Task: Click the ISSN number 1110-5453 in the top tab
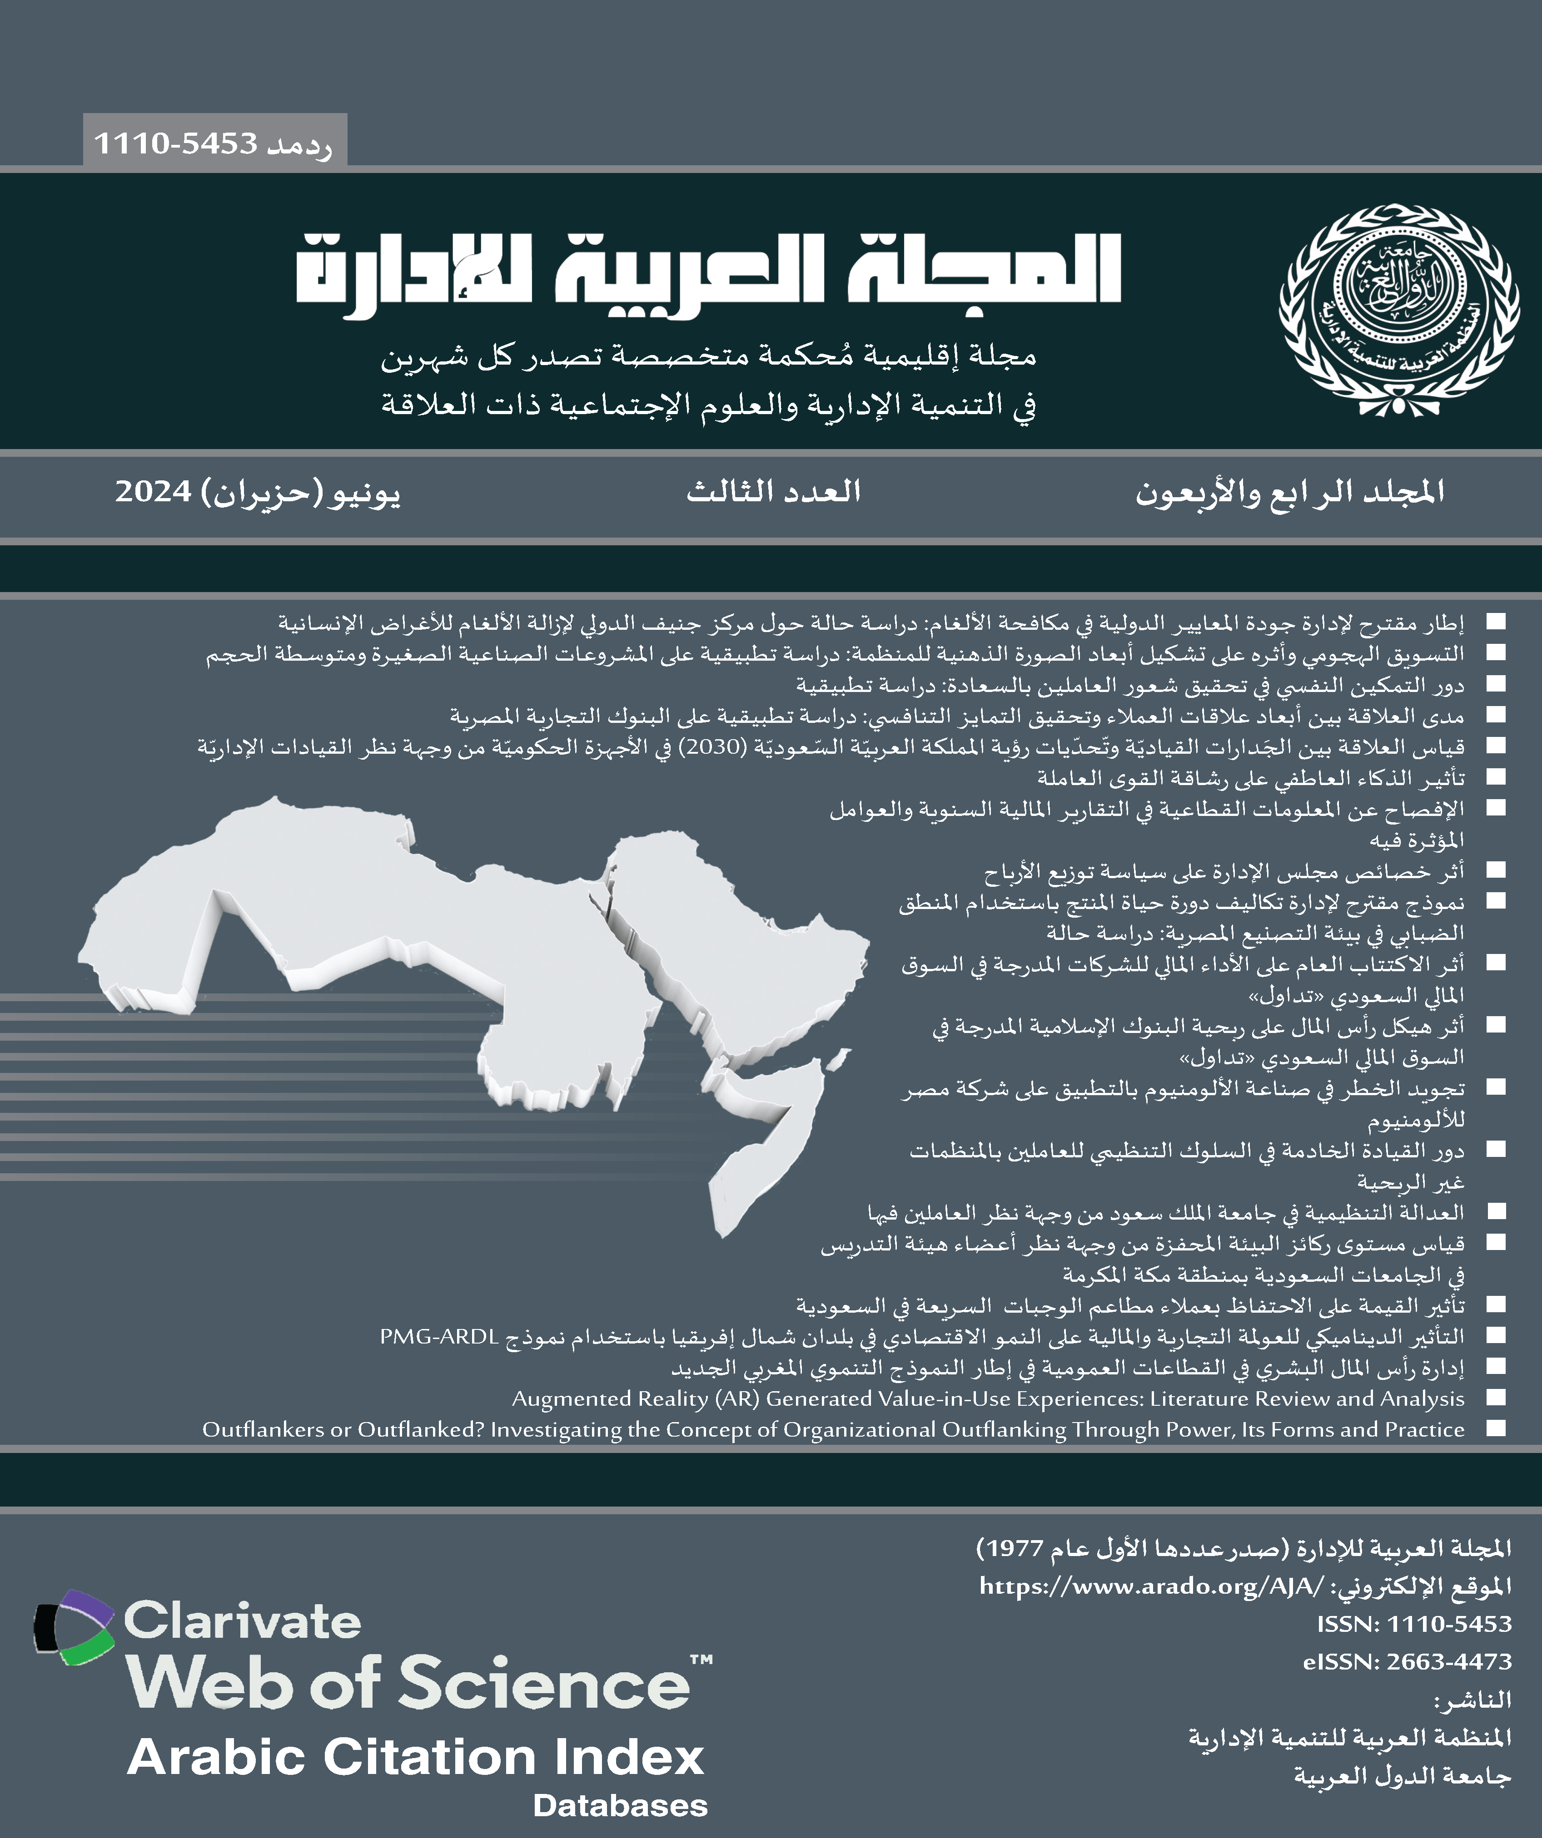175,143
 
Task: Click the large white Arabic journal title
707,272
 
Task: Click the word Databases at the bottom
620,1805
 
